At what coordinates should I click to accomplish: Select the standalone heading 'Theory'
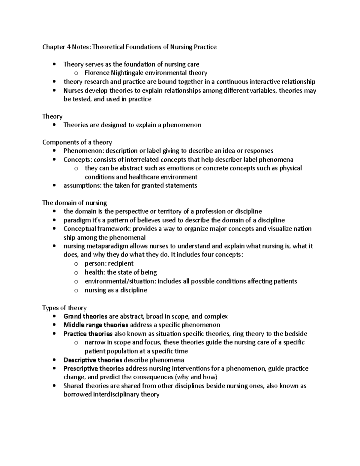click(52, 116)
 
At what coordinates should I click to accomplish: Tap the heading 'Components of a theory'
click(77, 142)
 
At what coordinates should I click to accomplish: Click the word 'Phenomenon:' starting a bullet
click(79, 151)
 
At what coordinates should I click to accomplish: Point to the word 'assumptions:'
click(82, 185)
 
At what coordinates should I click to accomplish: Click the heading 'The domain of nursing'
click(74, 203)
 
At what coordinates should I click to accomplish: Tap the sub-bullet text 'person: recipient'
click(109, 264)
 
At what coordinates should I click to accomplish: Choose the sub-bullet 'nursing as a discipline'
click(116, 290)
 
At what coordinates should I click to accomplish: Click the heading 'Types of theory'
click(64, 308)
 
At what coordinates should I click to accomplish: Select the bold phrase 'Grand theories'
click(85, 316)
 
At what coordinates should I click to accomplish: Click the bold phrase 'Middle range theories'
click(96, 325)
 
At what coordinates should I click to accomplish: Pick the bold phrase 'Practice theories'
click(88, 334)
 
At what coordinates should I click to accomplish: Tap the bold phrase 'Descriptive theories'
click(93, 360)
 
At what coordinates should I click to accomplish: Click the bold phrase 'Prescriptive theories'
click(94, 368)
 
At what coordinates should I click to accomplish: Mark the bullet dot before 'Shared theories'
click(54, 386)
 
